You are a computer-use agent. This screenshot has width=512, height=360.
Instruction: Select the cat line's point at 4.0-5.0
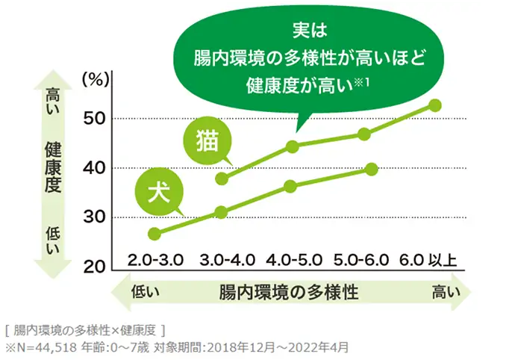pos(293,146)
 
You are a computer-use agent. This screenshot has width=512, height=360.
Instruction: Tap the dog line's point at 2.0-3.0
pos(154,234)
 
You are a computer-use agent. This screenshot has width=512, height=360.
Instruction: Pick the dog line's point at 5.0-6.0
pos(372,169)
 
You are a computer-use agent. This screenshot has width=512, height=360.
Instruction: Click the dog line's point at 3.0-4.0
pos(221,212)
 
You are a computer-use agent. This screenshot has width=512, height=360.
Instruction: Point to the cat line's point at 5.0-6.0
pos(364,134)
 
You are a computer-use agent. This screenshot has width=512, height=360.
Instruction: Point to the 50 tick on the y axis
pos(97,118)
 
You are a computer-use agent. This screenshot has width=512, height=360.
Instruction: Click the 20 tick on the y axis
pos(97,267)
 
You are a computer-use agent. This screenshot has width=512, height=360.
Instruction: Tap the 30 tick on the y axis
pos(97,218)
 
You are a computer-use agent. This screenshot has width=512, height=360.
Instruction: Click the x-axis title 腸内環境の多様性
pos(289,292)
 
